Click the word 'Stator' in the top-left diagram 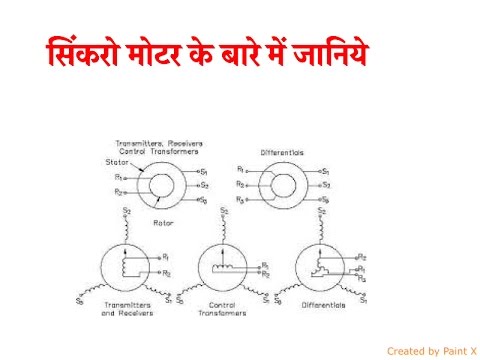point(116,163)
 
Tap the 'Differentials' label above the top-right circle point(282,153)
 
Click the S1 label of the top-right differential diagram point(326,171)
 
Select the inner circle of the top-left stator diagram point(163,185)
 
